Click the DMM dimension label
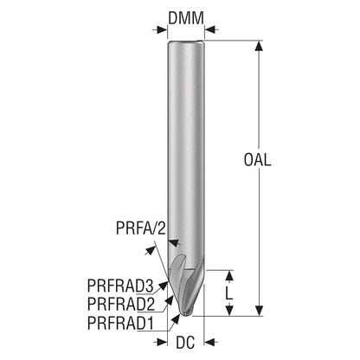tap(186, 18)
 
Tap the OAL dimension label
tap(258, 159)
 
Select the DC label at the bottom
tap(185, 343)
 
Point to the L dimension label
tap(229, 293)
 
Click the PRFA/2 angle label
tap(141, 228)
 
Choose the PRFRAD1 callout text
tap(120, 323)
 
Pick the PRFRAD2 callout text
tap(121, 304)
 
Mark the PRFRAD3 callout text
tap(120, 286)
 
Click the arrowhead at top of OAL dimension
tap(260, 46)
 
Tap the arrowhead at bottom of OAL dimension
tap(260, 310)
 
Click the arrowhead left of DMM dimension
tap(162, 29)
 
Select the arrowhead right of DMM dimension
tap(210, 29)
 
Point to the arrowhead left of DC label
tap(162, 343)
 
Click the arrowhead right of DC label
tap(209, 343)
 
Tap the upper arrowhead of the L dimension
tap(229, 276)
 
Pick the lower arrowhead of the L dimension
tap(229, 311)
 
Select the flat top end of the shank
tap(186, 42)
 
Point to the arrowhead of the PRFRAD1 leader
tap(176, 318)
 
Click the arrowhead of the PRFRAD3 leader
tap(164, 285)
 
